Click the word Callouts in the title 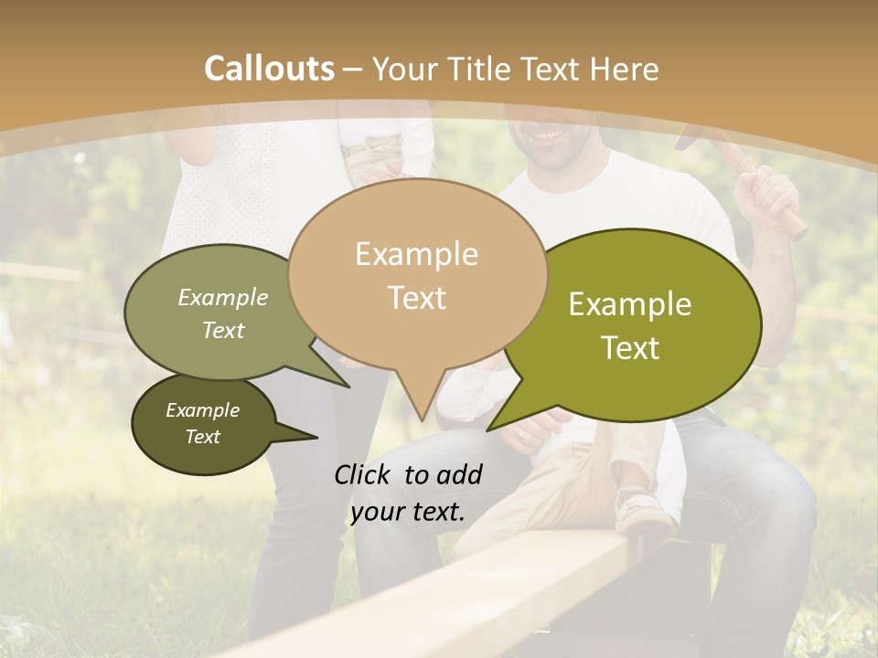(269, 69)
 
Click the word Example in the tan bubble (416, 254)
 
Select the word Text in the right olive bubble (630, 348)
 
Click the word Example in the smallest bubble (202, 410)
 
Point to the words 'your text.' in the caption (408, 512)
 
